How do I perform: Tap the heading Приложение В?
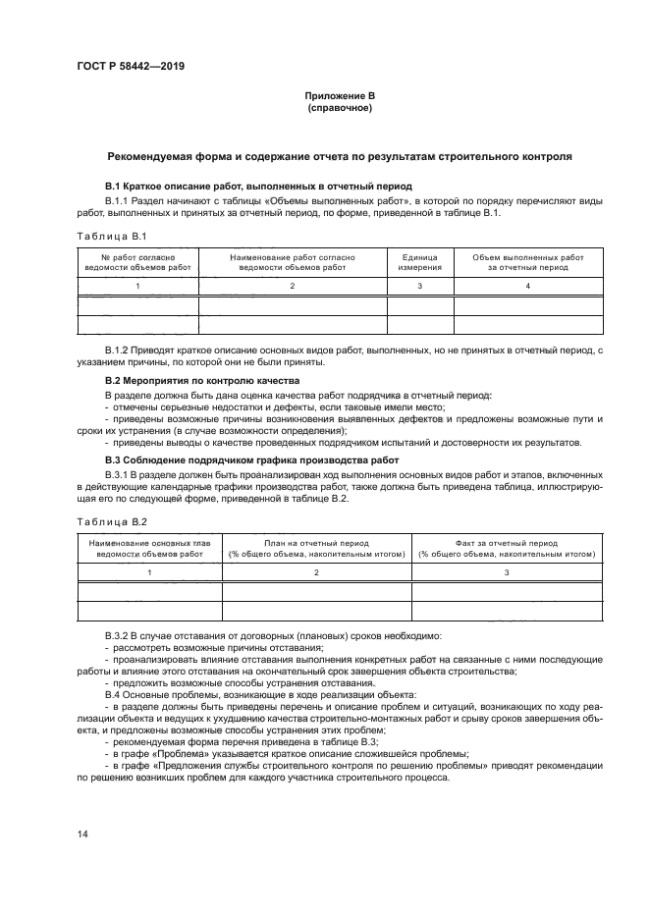[x=339, y=95]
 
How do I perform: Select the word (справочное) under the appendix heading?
[x=339, y=107]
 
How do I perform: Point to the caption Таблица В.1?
[x=111, y=236]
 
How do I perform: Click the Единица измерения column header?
[x=419, y=261]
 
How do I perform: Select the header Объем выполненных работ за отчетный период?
[x=527, y=261]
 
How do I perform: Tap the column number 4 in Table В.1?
[x=527, y=286]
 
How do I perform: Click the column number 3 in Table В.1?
[x=419, y=286]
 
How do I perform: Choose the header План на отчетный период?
[x=316, y=547]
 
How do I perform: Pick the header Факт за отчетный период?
[x=507, y=547]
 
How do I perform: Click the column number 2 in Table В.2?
[x=316, y=571]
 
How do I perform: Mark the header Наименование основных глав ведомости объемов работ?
[x=149, y=547]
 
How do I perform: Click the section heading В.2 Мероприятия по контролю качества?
[x=202, y=380]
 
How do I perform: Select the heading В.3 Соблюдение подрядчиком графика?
[x=251, y=459]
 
